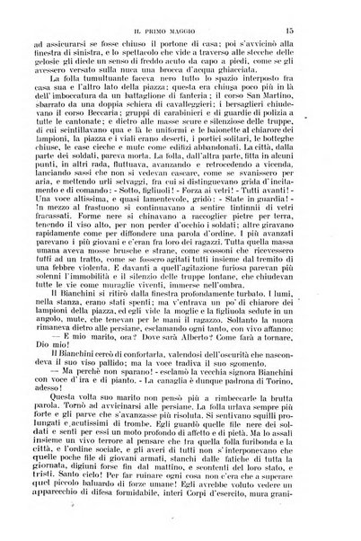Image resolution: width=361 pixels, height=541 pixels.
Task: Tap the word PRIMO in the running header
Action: click(163, 31)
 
